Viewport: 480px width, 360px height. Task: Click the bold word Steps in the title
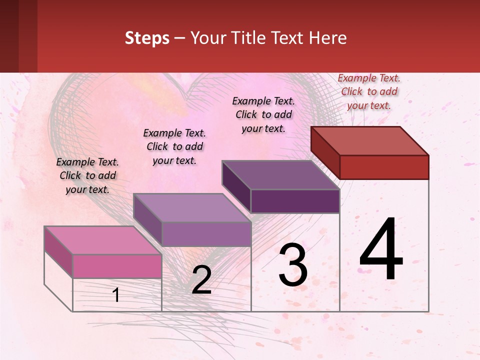pyautogui.click(x=147, y=38)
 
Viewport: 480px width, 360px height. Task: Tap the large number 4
pyautogui.click(x=381, y=250)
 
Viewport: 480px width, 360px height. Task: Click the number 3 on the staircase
pyautogui.click(x=293, y=265)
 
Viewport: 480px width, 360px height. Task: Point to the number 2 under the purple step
pyautogui.click(x=201, y=280)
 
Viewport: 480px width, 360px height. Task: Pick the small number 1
pyautogui.click(x=116, y=295)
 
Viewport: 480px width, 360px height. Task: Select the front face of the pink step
pyautogui.click(x=117, y=266)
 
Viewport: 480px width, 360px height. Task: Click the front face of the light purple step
pyautogui.click(x=206, y=234)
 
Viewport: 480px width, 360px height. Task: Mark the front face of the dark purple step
pyautogui.click(x=295, y=201)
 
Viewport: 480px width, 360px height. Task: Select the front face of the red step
pyautogui.click(x=384, y=167)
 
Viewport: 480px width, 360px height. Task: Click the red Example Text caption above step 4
pyautogui.click(x=369, y=91)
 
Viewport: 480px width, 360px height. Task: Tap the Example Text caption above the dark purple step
pyautogui.click(x=263, y=114)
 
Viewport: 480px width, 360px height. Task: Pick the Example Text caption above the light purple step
pyautogui.click(x=174, y=146)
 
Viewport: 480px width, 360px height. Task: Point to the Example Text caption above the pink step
pyautogui.click(x=87, y=175)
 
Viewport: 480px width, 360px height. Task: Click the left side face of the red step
pyautogui.click(x=325, y=152)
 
